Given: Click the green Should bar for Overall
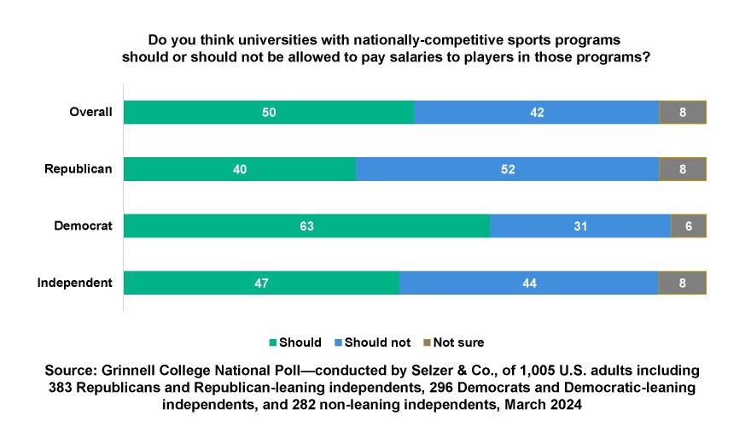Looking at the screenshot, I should click(269, 113).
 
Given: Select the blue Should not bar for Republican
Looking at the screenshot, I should click(507, 169).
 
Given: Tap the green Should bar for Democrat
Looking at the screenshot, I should click(307, 226).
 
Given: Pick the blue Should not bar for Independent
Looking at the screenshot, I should click(528, 283).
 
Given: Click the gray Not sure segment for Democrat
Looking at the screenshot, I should click(689, 226).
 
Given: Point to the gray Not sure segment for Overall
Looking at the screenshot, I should click(683, 113).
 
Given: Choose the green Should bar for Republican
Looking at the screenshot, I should click(240, 169).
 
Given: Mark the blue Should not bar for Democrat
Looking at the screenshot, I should click(580, 226).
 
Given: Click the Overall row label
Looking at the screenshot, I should click(90, 113).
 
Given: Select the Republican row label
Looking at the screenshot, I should click(79, 169).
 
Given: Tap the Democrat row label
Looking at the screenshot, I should click(83, 226).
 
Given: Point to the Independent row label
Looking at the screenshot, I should click(76, 283).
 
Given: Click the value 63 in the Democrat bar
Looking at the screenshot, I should click(307, 226).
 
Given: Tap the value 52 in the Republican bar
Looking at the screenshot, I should click(507, 169).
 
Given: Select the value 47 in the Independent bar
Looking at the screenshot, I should click(261, 283).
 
